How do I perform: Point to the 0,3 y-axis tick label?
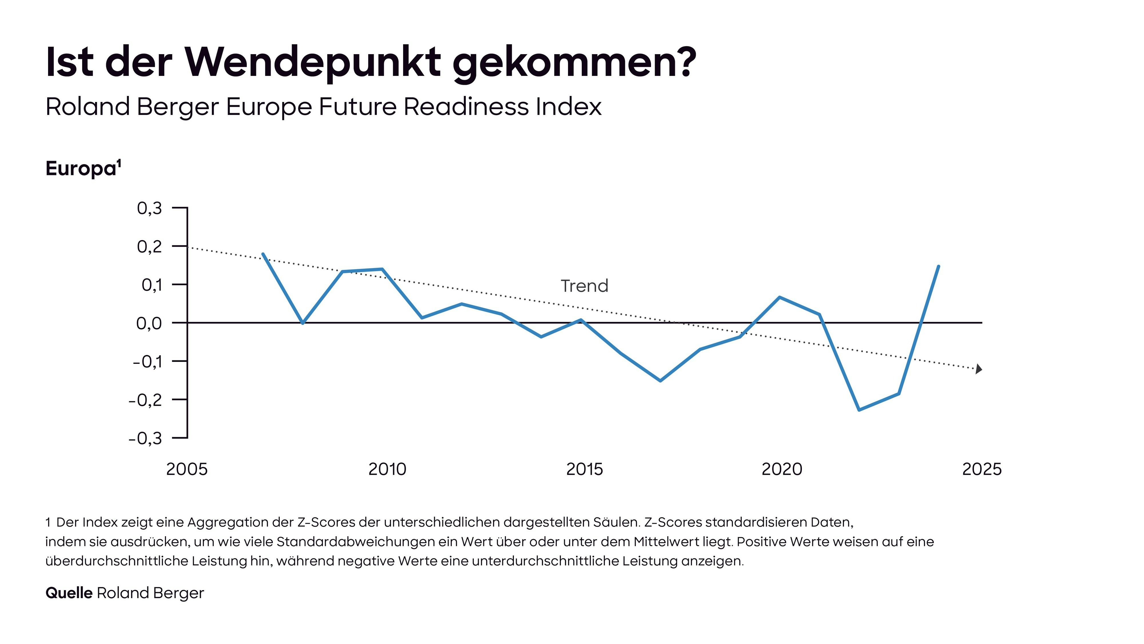(x=150, y=208)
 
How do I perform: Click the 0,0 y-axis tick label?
(x=149, y=323)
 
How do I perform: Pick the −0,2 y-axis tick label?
(x=146, y=400)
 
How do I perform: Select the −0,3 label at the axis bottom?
(x=146, y=438)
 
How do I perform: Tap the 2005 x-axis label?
(x=187, y=469)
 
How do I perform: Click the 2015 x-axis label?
(x=584, y=469)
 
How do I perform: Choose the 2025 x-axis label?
(x=981, y=469)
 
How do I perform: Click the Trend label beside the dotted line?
(x=584, y=286)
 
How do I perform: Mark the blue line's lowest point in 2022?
(x=859, y=410)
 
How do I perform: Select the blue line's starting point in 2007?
(x=263, y=254)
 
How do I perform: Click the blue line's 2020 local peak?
(x=780, y=297)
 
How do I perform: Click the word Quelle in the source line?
(x=69, y=593)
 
